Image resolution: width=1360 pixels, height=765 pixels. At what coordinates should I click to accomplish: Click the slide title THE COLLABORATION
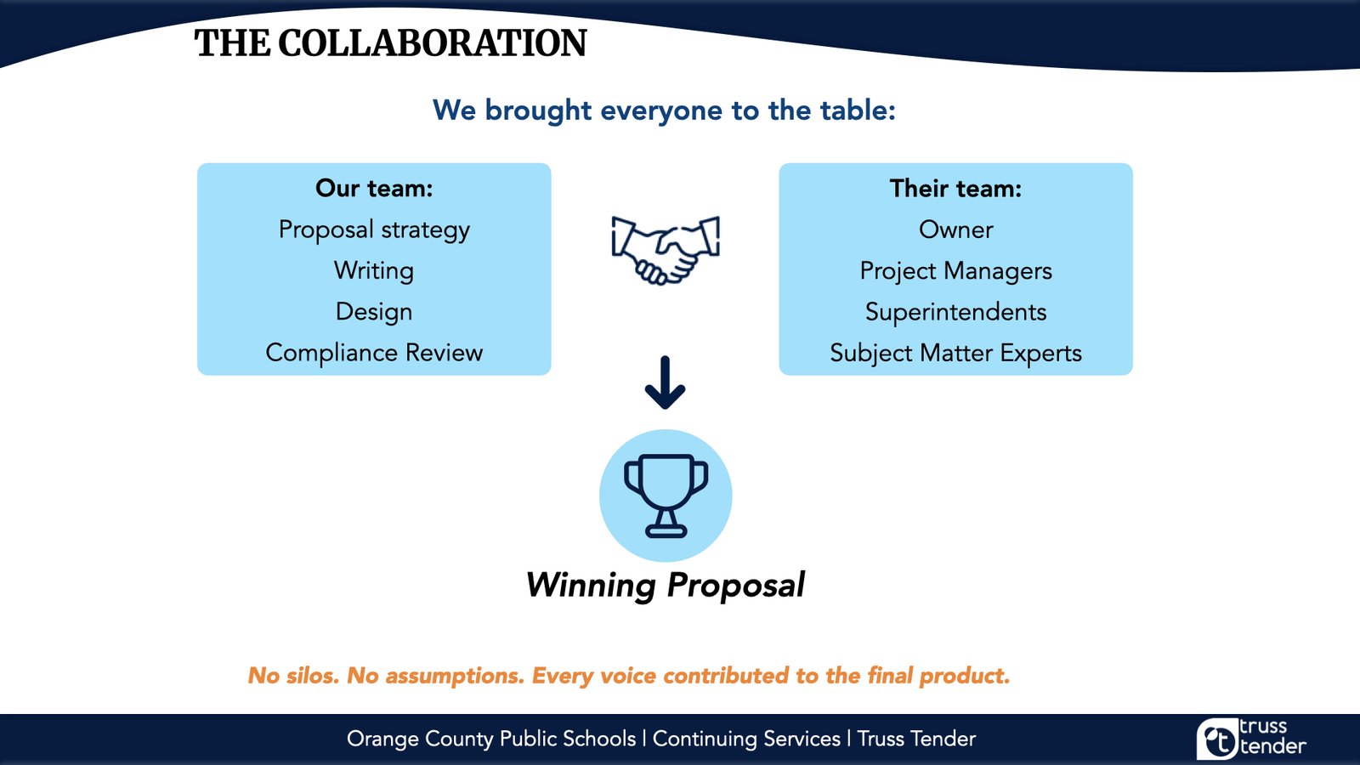coord(390,43)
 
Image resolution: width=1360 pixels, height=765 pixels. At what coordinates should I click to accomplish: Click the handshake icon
coord(666,250)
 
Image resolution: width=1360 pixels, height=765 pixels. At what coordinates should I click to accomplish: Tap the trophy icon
coord(666,496)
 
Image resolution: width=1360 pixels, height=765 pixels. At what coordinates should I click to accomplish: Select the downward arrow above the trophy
coord(666,382)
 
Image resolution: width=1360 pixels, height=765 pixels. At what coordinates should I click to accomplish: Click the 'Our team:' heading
coord(374,188)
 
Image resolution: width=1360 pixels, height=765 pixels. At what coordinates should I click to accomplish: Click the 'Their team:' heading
coord(955,188)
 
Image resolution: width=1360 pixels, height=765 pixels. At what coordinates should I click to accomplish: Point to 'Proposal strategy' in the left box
coord(374,230)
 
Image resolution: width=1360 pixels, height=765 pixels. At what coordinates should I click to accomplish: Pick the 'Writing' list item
coord(374,271)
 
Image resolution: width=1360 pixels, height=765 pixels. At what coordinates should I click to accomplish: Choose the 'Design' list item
coord(374,312)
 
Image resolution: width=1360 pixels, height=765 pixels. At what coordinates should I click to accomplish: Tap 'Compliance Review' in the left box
coord(374,353)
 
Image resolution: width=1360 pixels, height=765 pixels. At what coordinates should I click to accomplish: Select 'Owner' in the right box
coord(955,229)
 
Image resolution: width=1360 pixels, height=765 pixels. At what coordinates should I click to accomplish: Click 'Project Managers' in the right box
coord(955,271)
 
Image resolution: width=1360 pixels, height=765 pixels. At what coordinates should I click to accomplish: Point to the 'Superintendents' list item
coord(955,312)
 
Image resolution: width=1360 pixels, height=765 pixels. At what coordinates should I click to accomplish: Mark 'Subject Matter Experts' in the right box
coord(955,354)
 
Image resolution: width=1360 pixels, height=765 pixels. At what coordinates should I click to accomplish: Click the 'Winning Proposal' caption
coord(666,586)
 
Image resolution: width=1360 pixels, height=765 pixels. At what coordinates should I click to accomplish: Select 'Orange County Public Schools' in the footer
coord(491,739)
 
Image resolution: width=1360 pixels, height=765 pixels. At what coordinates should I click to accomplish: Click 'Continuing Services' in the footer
coord(746,739)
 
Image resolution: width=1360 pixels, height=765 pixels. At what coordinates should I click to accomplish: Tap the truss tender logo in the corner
coord(1251,738)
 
